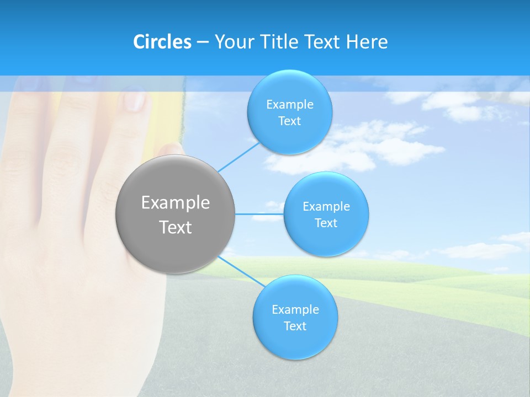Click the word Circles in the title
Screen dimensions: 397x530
(x=162, y=42)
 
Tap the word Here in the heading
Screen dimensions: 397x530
(x=367, y=42)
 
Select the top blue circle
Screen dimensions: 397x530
(x=289, y=88)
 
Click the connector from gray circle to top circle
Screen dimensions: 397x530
(x=238, y=157)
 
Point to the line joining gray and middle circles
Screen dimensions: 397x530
(x=259, y=214)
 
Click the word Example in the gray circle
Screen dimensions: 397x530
(x=175, y=203)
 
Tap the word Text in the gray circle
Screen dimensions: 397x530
(x=175, y=227)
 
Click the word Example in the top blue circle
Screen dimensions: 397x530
(x=289, y=104)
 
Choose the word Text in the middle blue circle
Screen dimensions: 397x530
(x=326, y=223)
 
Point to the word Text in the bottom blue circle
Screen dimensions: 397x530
(x=295, y=326)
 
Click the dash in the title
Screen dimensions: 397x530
(x=202, y=42)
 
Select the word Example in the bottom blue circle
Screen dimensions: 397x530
(x=295, y=309)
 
